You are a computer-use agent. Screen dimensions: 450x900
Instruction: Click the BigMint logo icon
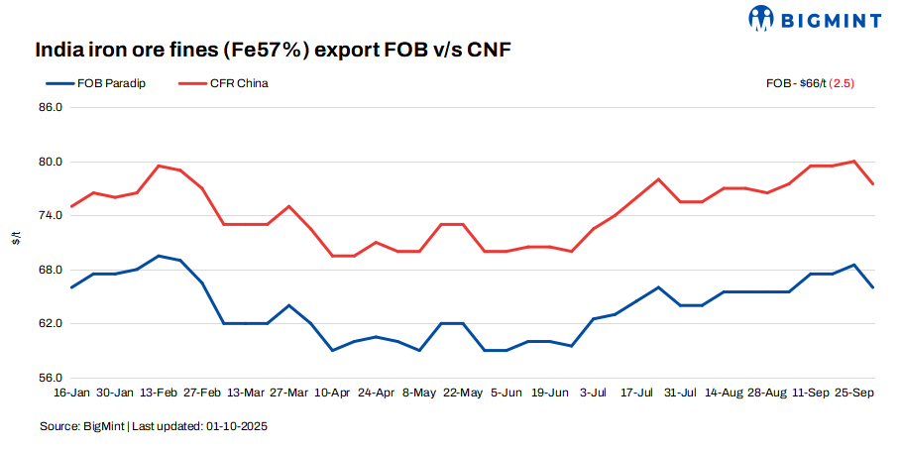pyautogui.click(x=761, y=18)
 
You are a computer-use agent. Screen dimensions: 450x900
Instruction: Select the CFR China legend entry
pyautogui.click(x=238, y=83)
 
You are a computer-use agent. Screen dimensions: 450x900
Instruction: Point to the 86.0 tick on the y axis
pyautogui.click(x=51, y=107)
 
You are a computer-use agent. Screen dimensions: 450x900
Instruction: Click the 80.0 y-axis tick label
pyautogui.click(x=51, y=162)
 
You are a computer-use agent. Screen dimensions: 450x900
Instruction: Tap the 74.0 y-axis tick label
pyautogui.click(x=51, y=215)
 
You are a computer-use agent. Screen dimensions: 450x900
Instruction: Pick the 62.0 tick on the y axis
pyautogui.click(x=51, y=324)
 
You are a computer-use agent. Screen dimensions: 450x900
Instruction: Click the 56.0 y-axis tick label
pyautogui.click(x=51, y=378)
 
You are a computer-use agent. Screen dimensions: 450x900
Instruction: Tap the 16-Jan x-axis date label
pyautogui.click(x=71, y=394)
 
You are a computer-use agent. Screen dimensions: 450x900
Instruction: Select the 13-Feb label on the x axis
pyautogui.click(x=159, y=394)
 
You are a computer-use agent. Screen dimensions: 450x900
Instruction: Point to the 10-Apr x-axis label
pyautogui.click(x=333, y=394)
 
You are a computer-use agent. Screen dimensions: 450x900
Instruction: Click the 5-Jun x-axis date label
pyautogui.click(x=506, y=394)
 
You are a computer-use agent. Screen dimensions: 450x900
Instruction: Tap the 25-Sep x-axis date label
pyautogui.click(x=854, y=394)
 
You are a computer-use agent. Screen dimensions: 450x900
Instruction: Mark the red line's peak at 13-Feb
pyautogui.click(x=159, y=166)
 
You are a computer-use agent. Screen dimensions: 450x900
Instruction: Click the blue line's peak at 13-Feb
pyautogui.click(x=159, y=256)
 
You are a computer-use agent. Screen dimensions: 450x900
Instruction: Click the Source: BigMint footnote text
pyautogui.click(x=154, y=426)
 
